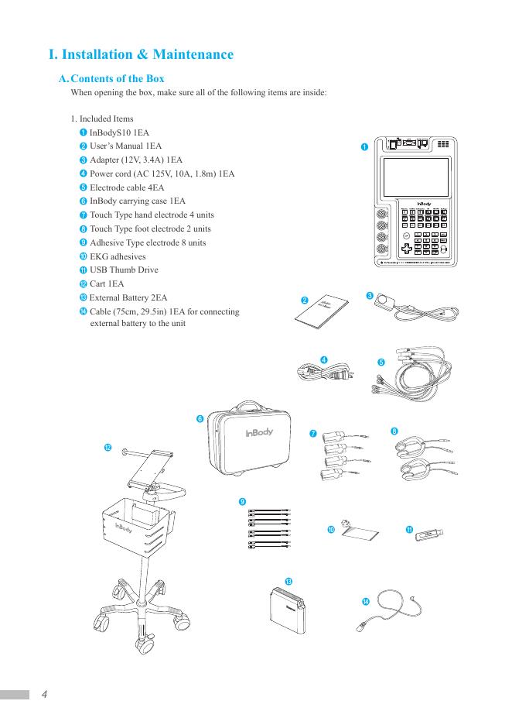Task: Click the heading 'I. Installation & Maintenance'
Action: (x=141, y=55)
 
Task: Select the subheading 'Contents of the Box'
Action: (x=117, y=79)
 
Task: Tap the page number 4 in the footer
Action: (x=45, y=694)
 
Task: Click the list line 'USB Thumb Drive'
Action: (x=124, y=270)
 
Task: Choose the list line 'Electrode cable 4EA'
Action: (x=127, y=187)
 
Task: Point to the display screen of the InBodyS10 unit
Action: (x=418, y=178)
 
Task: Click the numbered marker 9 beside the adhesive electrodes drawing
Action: (x=242, y=502)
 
